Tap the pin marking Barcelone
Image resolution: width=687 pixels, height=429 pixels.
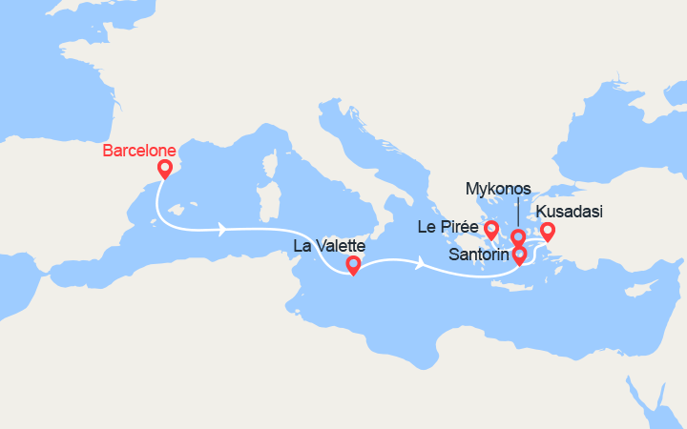[164, 169]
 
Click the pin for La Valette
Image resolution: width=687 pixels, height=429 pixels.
[353, 265]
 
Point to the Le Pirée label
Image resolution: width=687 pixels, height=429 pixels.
[448, 227]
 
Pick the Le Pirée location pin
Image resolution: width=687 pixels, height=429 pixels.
[491, 229]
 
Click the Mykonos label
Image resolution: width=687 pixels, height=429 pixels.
[498, 189]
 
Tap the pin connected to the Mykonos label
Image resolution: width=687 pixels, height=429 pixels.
[518, 236]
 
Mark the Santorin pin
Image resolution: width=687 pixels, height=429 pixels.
[519, 255]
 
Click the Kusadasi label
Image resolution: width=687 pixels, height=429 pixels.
[570, 212]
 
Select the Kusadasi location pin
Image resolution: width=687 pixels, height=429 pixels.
[547, 230]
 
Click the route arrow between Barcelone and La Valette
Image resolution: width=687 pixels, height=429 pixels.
[223, 229]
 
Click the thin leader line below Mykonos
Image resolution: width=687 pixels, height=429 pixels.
[518, 213]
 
